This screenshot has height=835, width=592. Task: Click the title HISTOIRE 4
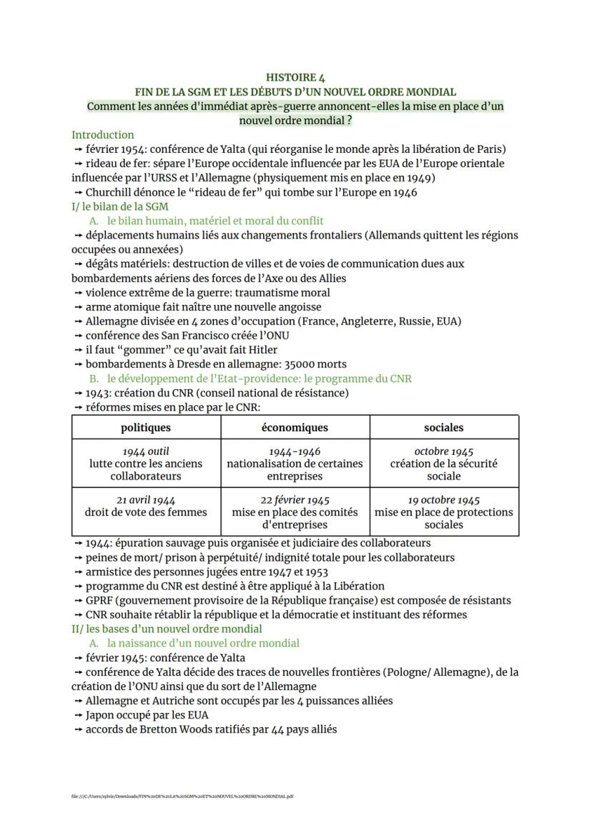(295, 77)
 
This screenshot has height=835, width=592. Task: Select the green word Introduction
(102, 134)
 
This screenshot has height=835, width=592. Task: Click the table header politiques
(146, 427)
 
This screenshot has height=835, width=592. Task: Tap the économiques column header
(295, 427)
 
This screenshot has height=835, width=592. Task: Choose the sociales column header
(443, 427)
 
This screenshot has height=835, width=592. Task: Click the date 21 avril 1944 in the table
(146, 499)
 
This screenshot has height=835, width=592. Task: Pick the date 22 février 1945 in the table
(295, 499)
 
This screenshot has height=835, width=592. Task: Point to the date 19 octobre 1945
(443, 499)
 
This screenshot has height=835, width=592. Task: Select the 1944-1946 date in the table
(295, 451)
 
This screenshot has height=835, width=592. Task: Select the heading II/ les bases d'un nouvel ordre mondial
(167, 629)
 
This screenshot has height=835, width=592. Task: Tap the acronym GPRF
(101, 600)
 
